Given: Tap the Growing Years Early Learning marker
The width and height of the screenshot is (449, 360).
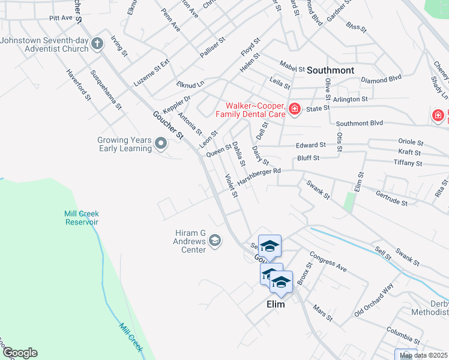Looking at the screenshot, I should (161, 144).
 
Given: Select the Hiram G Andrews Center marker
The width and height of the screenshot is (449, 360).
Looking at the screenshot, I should (215, 241).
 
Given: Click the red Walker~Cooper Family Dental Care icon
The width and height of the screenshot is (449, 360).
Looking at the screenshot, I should (294, 109).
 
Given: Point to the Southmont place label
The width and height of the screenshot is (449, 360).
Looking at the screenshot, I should (330, 70).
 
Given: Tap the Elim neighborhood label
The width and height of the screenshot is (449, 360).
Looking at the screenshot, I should (276, 304).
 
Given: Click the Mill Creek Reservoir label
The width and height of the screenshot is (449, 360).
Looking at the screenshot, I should (82, 218).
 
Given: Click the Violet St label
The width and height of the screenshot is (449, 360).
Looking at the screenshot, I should (231, 185).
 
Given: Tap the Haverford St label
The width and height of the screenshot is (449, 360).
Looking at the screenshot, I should (79, 85).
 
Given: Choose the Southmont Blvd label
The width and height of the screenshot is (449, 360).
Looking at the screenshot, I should (360, 124).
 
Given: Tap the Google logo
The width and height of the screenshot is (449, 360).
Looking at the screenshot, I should (19, 353).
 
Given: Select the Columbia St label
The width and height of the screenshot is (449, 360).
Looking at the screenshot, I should (403, 331).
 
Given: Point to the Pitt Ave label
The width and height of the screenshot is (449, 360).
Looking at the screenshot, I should (61, 18).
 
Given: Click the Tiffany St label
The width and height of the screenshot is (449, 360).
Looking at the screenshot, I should (408, 163).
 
